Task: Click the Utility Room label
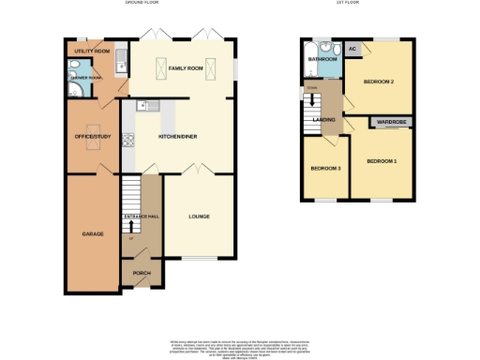pos(86,51)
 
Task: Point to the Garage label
pos(92,233)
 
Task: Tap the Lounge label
pos(199,217)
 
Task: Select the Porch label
pos(142,274)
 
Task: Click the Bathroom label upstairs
pos(322,58)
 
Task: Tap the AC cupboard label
pos(353,49)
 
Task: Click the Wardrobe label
pos(389,122)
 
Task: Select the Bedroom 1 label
pos(382,161)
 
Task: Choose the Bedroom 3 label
pos(326,168)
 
